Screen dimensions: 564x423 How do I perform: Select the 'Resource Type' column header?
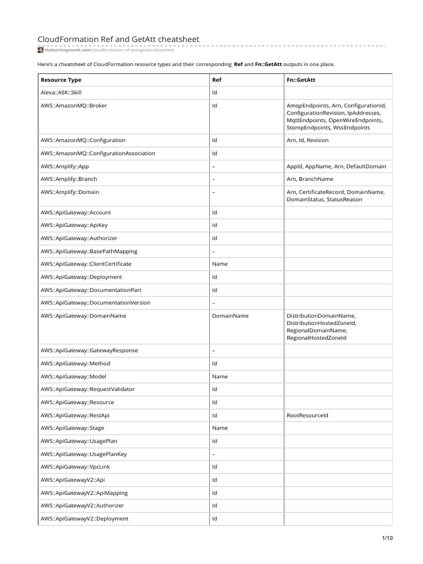(x=61, y=80)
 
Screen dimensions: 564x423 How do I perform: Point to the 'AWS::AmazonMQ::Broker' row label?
(x=74, y=105)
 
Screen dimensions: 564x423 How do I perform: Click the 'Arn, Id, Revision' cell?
(x=307, y=140)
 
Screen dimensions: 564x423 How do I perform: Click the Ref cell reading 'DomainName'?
(x=230, y=316)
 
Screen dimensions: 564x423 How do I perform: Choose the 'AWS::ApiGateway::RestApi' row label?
(x=79, y=415)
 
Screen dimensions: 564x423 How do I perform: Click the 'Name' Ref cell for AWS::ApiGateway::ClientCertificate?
(x=220, y=264)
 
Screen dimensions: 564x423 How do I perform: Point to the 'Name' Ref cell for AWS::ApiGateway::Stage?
(x=220, y=428)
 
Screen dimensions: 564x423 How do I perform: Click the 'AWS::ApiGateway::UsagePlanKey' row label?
(x=84, y=454)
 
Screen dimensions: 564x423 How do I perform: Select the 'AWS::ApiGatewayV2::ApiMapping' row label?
(x=84, y=493)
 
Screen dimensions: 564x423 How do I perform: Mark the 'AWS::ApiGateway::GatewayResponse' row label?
(x=89, y=350)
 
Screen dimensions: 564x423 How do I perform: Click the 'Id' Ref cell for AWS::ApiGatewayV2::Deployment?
(x=215, y=518)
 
